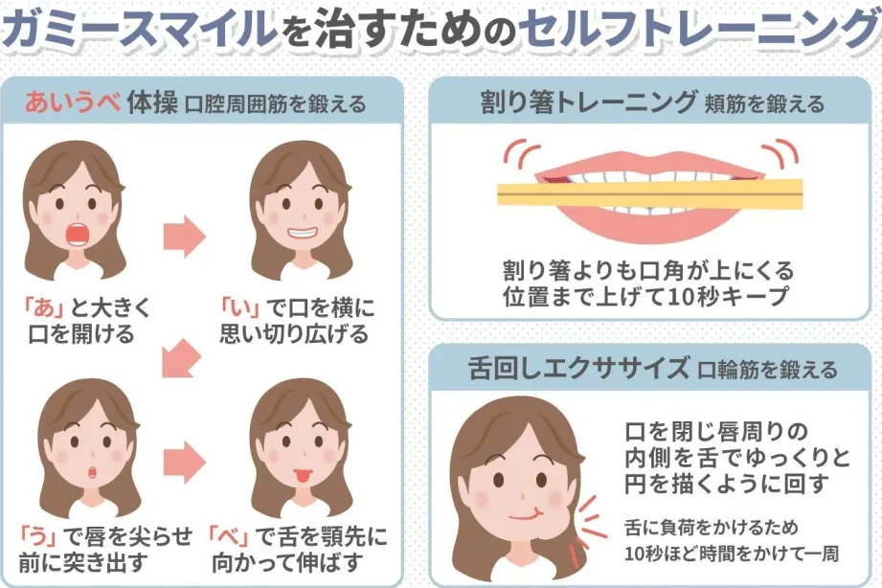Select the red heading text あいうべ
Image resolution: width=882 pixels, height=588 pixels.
click(73, 102)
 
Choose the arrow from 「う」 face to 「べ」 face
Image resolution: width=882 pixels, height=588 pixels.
click(186, 462)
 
